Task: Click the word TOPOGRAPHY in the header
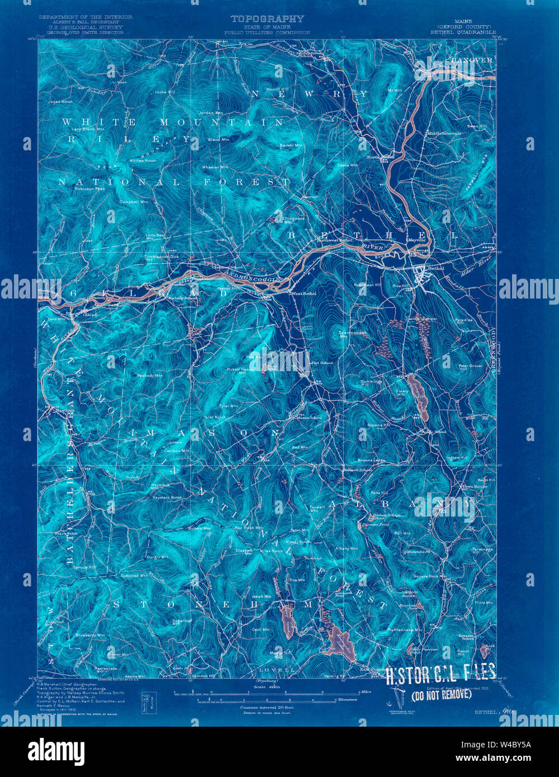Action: [x=268, y=19]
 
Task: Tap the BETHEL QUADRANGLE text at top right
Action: [x=463, y=32]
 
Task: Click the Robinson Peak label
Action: [x=89, y=188]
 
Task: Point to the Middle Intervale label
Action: [x=444, y=134]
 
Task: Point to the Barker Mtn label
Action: [x=291, y=145]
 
